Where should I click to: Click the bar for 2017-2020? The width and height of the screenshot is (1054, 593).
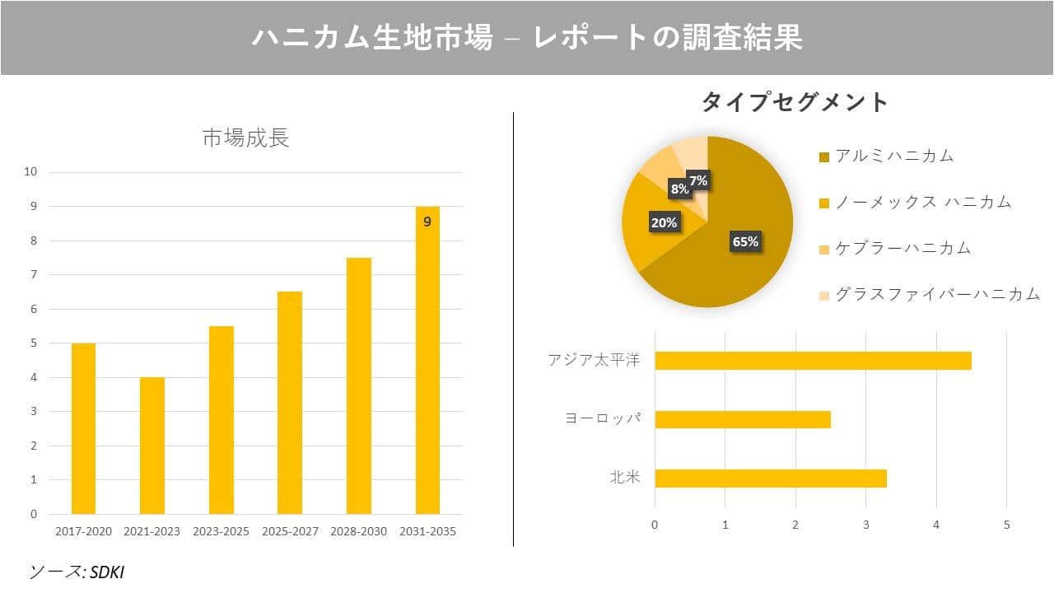[x=83, y=428]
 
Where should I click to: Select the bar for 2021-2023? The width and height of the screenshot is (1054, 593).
[x=152, y=446]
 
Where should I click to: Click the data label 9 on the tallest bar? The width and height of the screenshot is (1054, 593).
[x=427, y=222]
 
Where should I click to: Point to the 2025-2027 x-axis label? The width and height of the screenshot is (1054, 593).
[x=289, y=532]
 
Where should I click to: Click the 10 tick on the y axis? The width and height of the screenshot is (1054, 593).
[x=30, y=172]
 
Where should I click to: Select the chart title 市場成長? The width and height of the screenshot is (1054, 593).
[x=245, y=138]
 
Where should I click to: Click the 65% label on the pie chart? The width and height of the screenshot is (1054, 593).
[x=745, y=241]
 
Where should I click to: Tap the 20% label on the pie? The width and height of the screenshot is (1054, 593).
[x=665, y=222]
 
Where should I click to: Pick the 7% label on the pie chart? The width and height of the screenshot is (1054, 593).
[x=697, y=180]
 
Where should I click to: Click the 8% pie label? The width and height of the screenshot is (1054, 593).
[x=679, y=189]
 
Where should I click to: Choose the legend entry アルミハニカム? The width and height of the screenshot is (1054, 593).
[x=893, y=156]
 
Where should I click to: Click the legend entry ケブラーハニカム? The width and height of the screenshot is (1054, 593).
[x=902, y=248]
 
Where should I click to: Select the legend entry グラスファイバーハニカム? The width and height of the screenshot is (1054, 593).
[x=937, y=294]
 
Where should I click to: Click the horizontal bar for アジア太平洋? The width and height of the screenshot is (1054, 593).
[x=813, y=361]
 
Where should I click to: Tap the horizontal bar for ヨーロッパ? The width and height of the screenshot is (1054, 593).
[x=742, y=419]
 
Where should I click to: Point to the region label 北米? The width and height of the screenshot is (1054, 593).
[x=625, y=478]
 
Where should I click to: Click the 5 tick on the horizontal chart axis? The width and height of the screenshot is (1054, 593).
[x=1006, y=525]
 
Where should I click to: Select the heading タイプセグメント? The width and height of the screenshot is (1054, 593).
[x=795, y=102]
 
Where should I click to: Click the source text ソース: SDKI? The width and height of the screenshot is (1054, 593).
[x=76, y=572]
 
